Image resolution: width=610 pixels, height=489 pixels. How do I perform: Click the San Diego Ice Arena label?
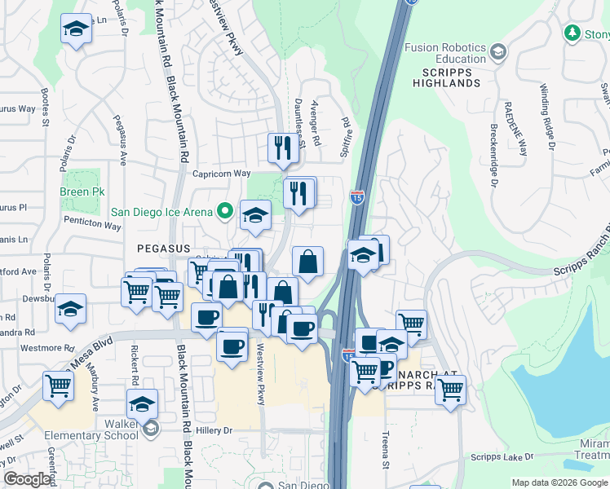pos(163,213)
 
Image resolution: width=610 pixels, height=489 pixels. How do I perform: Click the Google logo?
pos(28,479)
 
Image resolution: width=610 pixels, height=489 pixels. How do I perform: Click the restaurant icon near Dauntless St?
pos(280,148)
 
